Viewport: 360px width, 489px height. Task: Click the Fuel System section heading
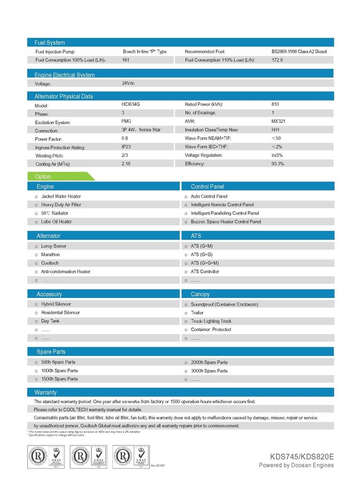coord(50,42)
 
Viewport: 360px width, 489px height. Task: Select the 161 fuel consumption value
coord(126,59)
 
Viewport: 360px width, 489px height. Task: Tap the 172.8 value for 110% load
coord(277,59)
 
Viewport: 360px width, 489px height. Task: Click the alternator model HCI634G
coord(130,105)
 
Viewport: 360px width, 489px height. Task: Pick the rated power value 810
coord(275,105)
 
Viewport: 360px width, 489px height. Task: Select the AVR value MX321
coord(279,122)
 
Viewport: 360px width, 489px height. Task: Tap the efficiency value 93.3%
coord(278,164)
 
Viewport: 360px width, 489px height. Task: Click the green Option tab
coord(43,177)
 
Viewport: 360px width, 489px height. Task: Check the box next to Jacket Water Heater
coord(36,197)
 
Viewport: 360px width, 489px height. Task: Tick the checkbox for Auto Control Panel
coord(186,197)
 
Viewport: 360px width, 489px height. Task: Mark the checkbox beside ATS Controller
coord(186,272)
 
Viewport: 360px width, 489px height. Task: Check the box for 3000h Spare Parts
coord(186,371)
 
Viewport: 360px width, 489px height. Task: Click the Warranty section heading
coord(46,393)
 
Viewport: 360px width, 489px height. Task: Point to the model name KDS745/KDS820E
coord(302,456)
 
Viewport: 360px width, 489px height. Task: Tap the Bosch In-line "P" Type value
coord(145,51)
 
